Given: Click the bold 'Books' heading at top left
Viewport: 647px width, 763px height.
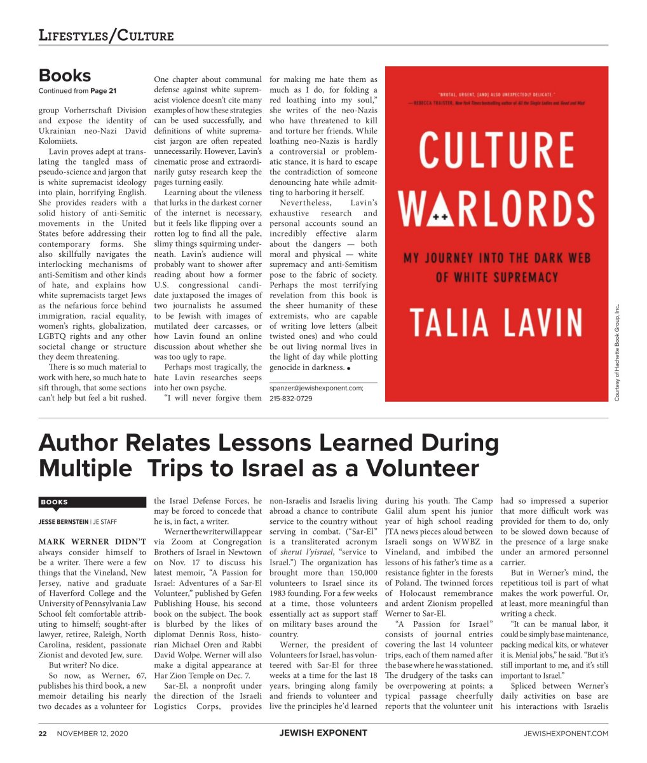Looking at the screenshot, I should point(64,75).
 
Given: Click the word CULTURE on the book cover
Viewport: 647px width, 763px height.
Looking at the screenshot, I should point(496,150).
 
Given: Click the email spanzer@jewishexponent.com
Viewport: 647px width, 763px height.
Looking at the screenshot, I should point(317,387).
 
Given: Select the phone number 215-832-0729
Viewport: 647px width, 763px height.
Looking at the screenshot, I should point(290,399).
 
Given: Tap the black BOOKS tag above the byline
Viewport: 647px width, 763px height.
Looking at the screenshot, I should point(55,502).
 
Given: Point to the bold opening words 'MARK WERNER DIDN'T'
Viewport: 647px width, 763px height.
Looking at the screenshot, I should point(92,542).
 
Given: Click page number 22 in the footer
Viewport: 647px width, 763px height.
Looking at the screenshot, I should point(43,733).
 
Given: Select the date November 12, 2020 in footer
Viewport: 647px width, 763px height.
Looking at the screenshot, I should point(93,733).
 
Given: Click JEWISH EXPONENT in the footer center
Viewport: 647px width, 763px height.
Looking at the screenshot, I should point(323,733).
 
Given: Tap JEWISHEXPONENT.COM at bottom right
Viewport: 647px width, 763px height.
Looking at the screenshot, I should point(566,733).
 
